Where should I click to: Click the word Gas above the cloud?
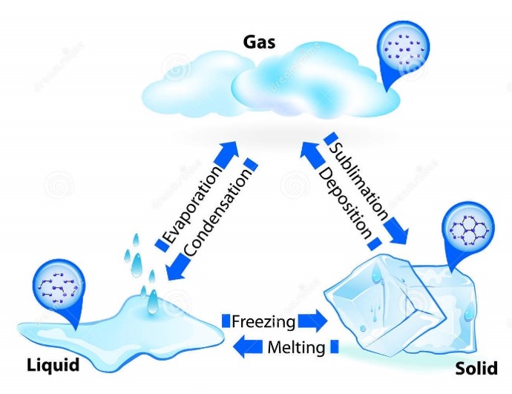click(x=259, y=42)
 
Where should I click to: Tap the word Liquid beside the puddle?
click(x=53, y=365)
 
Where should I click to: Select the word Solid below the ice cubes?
click(x=476, y=368)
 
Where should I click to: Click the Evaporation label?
click(x=194, y=204)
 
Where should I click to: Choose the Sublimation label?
click(x=358, y=182)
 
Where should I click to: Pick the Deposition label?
click(x=345, y=203)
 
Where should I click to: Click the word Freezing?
click(x=263, y=321)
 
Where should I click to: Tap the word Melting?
click(x=296, y=347)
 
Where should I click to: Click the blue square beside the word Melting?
click(x=335, y=347)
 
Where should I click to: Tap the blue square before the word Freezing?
click(x=226, y=321)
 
